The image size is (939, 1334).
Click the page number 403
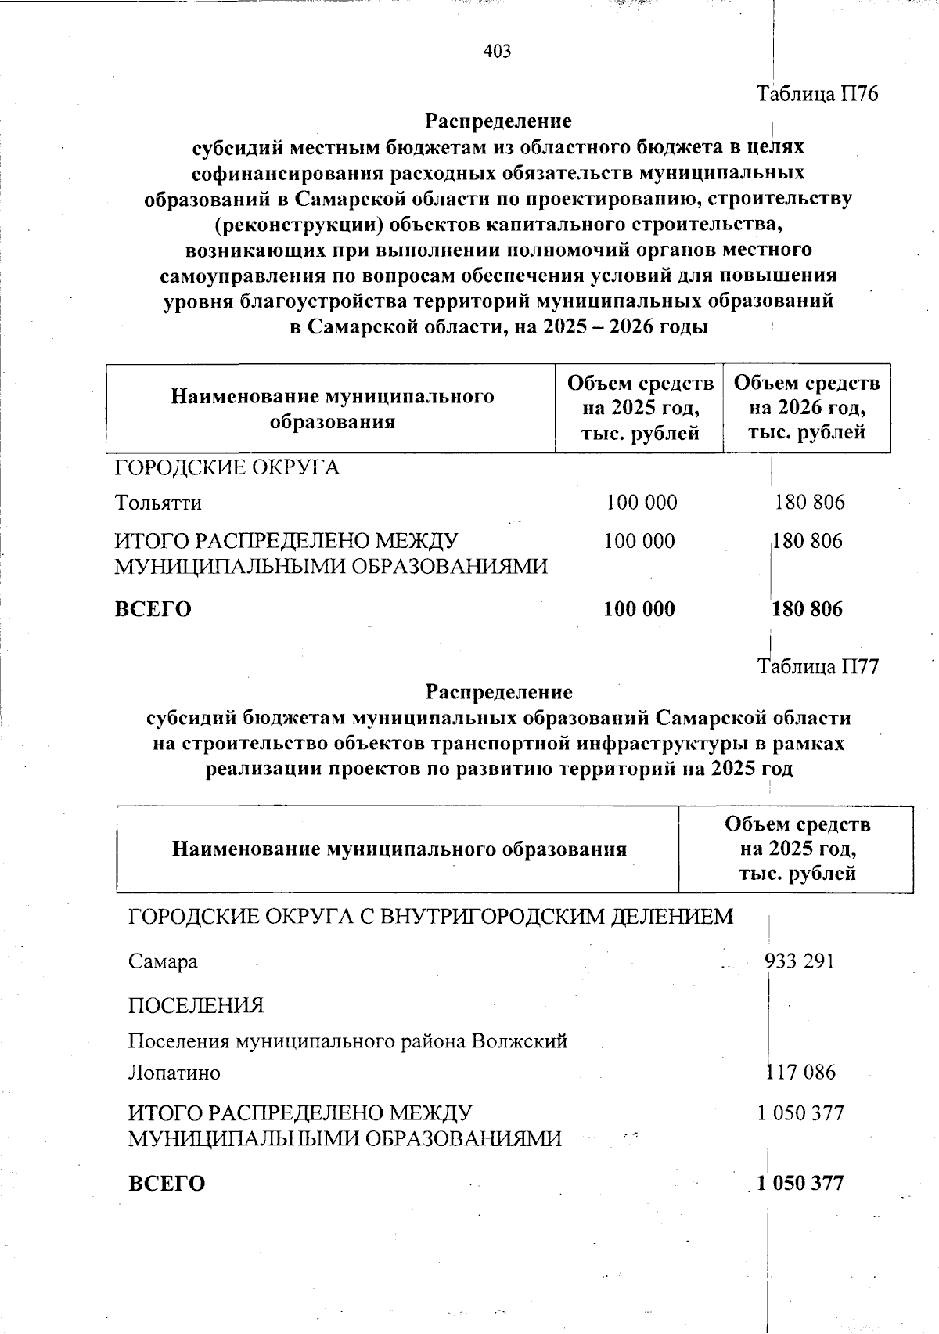pos(498,52)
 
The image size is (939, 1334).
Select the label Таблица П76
pos(817,95)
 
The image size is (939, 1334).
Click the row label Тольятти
pos(158,502)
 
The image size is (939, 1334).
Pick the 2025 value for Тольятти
pos(642,502)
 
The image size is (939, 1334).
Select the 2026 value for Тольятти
pos(809,502)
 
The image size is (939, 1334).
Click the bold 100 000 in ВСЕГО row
pos(639,609)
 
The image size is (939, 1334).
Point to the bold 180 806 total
pos(808,609)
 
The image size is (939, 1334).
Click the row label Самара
pos(163,961)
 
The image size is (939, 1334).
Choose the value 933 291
pos(800,961)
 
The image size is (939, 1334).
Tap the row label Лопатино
pos(174,1072)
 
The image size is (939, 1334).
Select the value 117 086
pos(800,1072)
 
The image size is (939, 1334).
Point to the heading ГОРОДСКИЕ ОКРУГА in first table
pos(227,468)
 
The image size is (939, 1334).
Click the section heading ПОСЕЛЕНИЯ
pos(196,1005)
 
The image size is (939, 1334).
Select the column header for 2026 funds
pos(807,408)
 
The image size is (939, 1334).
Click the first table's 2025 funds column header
pos(640,408)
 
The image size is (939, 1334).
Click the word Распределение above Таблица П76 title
pos(498,121)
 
